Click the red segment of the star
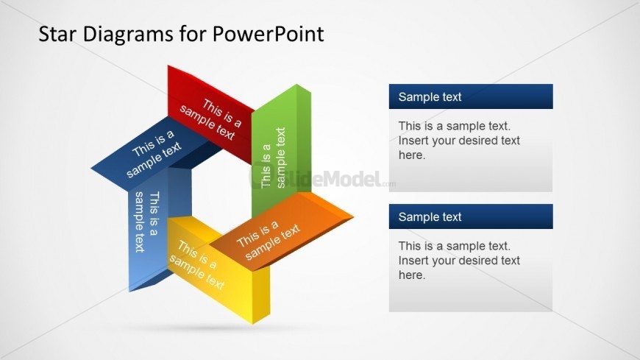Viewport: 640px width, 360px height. coord(210,110)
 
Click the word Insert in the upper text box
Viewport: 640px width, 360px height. coord(413,141)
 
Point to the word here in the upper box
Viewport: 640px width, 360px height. coord(411,155)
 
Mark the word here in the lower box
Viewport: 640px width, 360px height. coord(411,275)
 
